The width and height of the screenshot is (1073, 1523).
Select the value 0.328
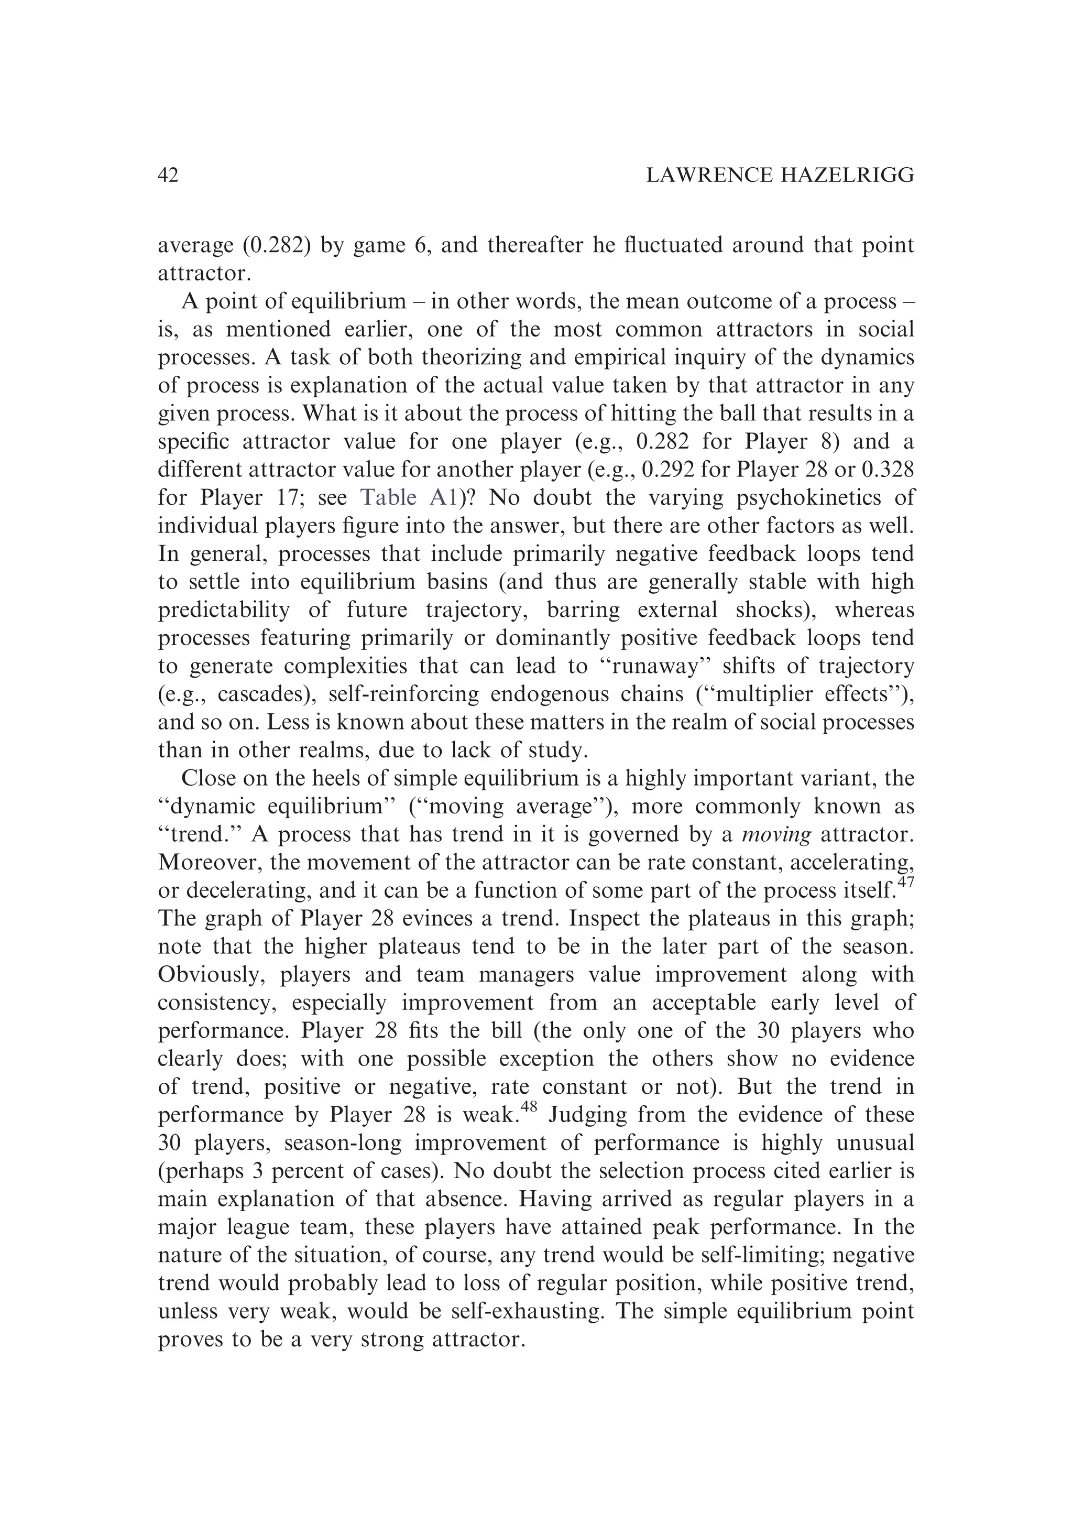pos(886,470)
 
